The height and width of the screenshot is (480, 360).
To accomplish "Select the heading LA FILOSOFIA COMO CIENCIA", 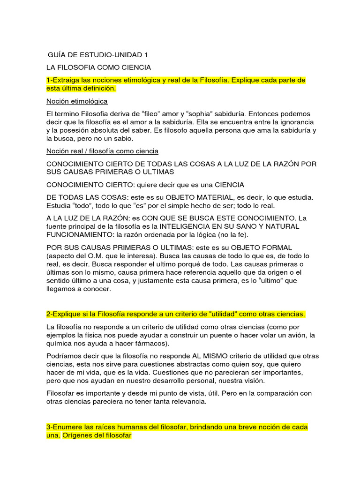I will pyautogui.click(x=98, y=67).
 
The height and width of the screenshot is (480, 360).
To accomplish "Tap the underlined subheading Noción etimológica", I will pyautogui.click(x=77, y=101).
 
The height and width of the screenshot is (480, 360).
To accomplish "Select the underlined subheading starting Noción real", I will pyautogui.click(x=102, y=151).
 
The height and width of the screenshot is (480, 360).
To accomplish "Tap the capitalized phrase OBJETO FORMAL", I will pyautogui.click(x=262, y=247).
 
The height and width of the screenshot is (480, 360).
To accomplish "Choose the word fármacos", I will pyautogui.click(x=137, y=343).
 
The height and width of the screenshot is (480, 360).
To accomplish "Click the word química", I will pyautogui.click(x=60, y=343).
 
